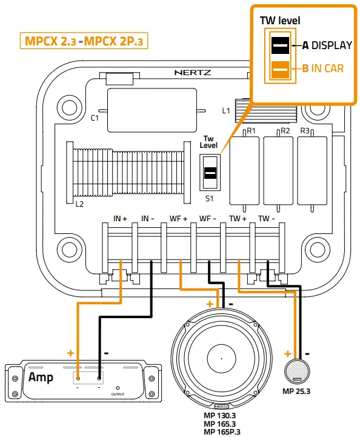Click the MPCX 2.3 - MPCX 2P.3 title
85,41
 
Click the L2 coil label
79,204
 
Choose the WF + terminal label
178,217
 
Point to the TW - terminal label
267,217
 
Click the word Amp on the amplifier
41,378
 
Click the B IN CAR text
323,68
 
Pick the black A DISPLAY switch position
280,45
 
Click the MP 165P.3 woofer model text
221,432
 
